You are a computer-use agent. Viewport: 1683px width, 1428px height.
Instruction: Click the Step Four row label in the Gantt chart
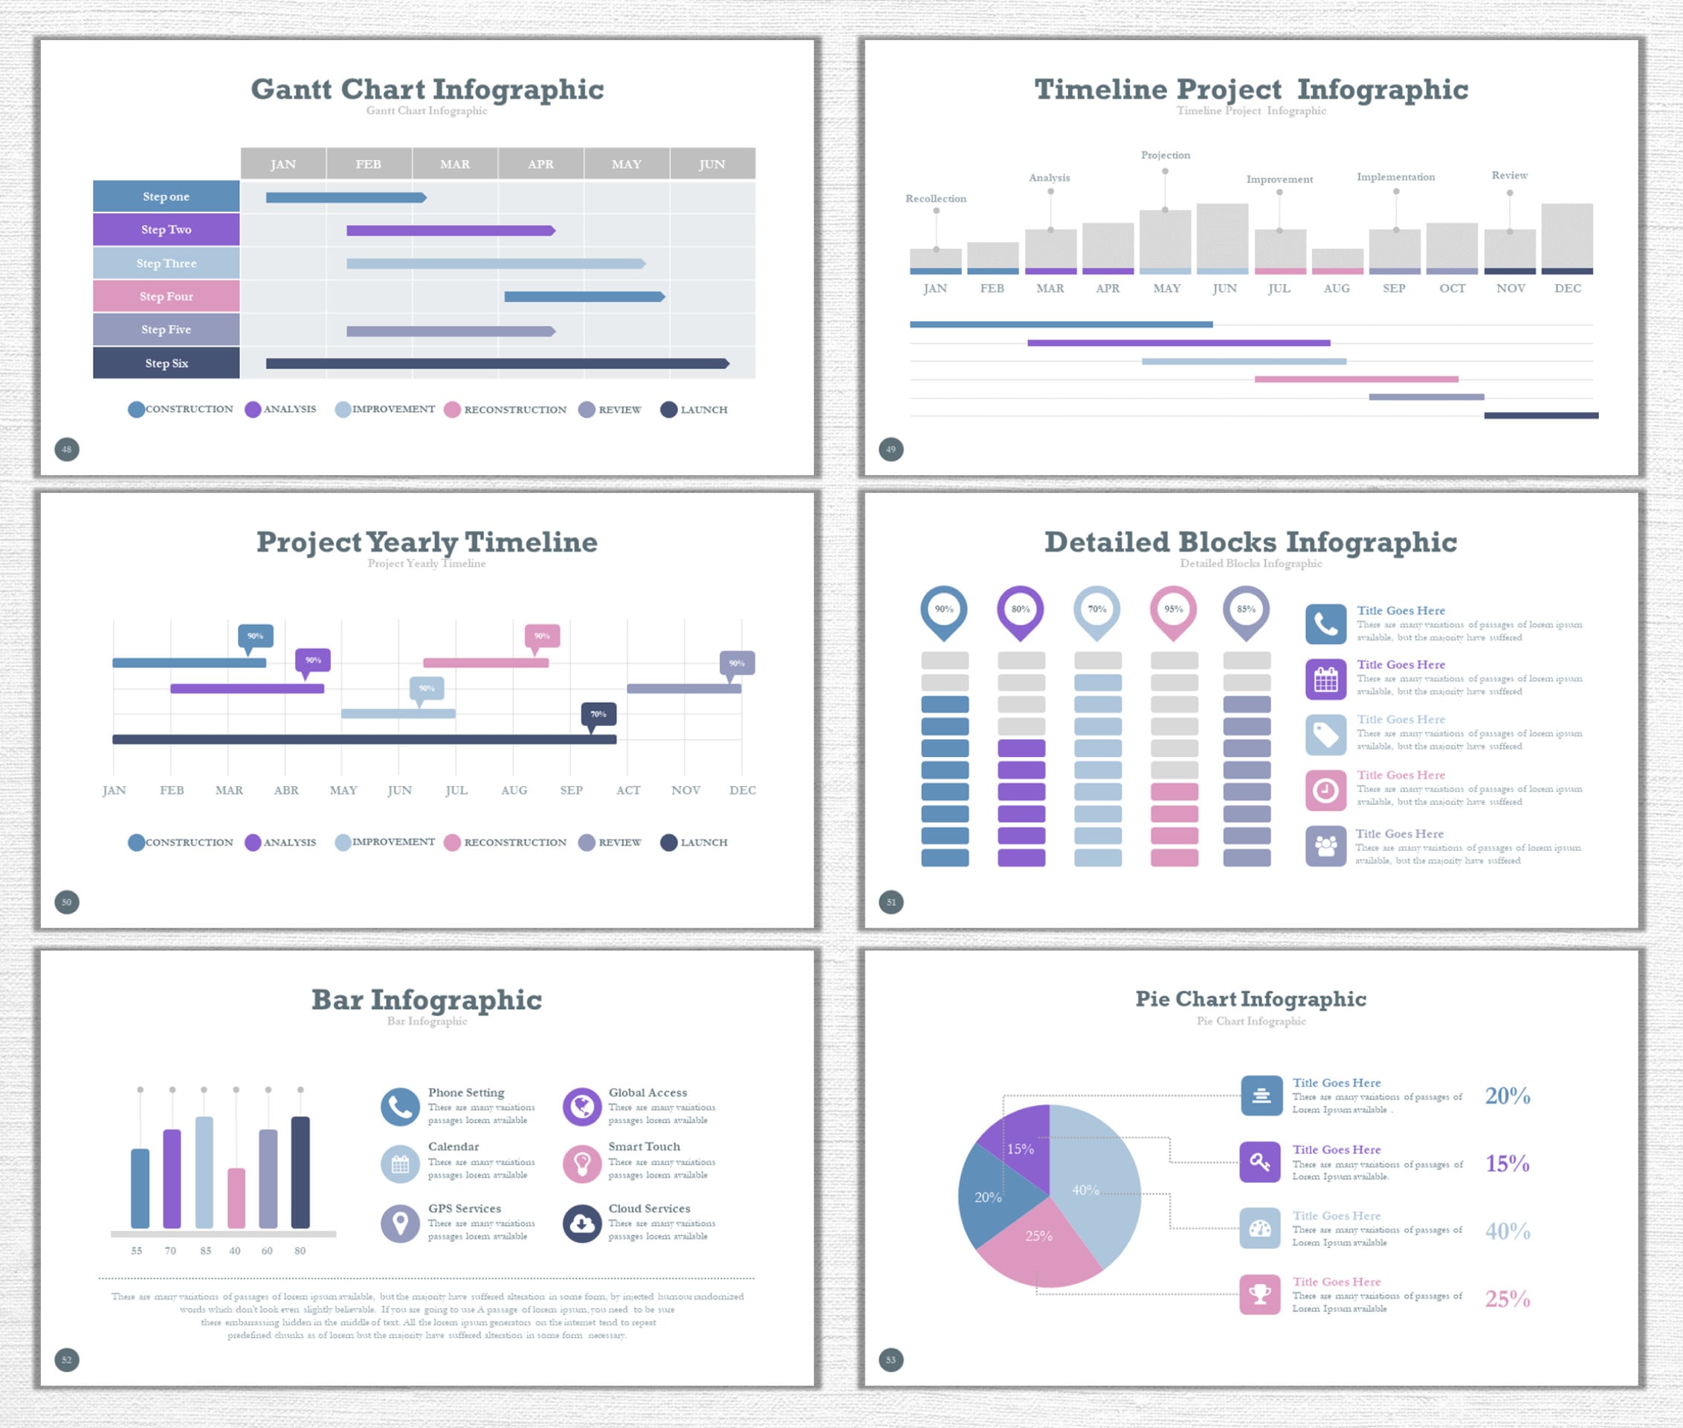tap(166, 296)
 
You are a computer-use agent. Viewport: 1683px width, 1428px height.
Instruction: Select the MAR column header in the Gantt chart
tap(455, 164)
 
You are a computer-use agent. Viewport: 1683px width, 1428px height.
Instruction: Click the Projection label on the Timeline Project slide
tap(1165, 155)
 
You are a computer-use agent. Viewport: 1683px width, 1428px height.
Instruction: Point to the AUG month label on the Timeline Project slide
tap(1336, 288)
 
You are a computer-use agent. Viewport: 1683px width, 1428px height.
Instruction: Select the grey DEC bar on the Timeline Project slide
tap(1566, 236)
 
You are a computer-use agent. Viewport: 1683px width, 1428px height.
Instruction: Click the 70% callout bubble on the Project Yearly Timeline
tap(598, 714)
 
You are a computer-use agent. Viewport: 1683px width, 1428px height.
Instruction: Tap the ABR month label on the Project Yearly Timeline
tap(285, 790)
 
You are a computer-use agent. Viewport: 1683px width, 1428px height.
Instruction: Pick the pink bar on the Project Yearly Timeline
tap(485, 663)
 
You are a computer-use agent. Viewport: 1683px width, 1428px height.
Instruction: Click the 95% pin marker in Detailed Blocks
tap(1173, 610)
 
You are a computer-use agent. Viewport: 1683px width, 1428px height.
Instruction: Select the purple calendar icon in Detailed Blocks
tap(1325, 679)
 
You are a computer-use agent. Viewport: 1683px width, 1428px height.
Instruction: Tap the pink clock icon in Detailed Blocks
tap(1325, 790)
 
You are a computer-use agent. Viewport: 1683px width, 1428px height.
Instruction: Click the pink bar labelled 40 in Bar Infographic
tap(236, 1198)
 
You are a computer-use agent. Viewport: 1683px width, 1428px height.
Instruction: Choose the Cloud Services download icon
tap(582, 1223)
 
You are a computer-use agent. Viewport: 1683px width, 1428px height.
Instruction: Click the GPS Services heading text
tap(465, 1208)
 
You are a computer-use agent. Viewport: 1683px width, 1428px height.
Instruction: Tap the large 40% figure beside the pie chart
tap(1507, 1232)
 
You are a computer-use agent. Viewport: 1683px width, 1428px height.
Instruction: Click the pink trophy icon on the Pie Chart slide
tap(1260, 1294)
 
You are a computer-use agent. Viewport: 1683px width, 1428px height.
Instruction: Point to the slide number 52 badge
tap(67, 1360)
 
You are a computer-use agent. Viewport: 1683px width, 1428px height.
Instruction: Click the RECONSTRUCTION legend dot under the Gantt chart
tap(452, 410)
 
